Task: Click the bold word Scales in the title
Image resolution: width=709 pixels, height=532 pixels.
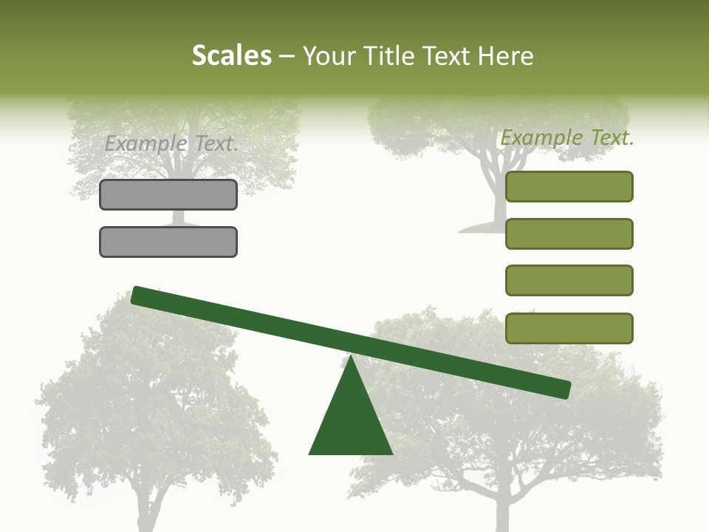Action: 231,55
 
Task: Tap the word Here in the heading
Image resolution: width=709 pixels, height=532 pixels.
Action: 506,55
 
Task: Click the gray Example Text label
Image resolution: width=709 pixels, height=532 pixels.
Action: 171,144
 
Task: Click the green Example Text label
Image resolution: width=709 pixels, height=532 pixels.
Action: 567,137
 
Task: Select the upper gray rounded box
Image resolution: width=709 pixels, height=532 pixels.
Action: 168,195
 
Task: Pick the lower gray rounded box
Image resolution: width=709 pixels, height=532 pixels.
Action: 168,242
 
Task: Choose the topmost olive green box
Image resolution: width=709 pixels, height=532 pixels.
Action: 569,186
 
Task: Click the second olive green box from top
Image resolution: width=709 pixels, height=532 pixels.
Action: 569,233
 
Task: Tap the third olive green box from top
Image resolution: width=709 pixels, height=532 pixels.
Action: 569,281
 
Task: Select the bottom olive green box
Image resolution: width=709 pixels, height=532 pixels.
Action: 569,328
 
